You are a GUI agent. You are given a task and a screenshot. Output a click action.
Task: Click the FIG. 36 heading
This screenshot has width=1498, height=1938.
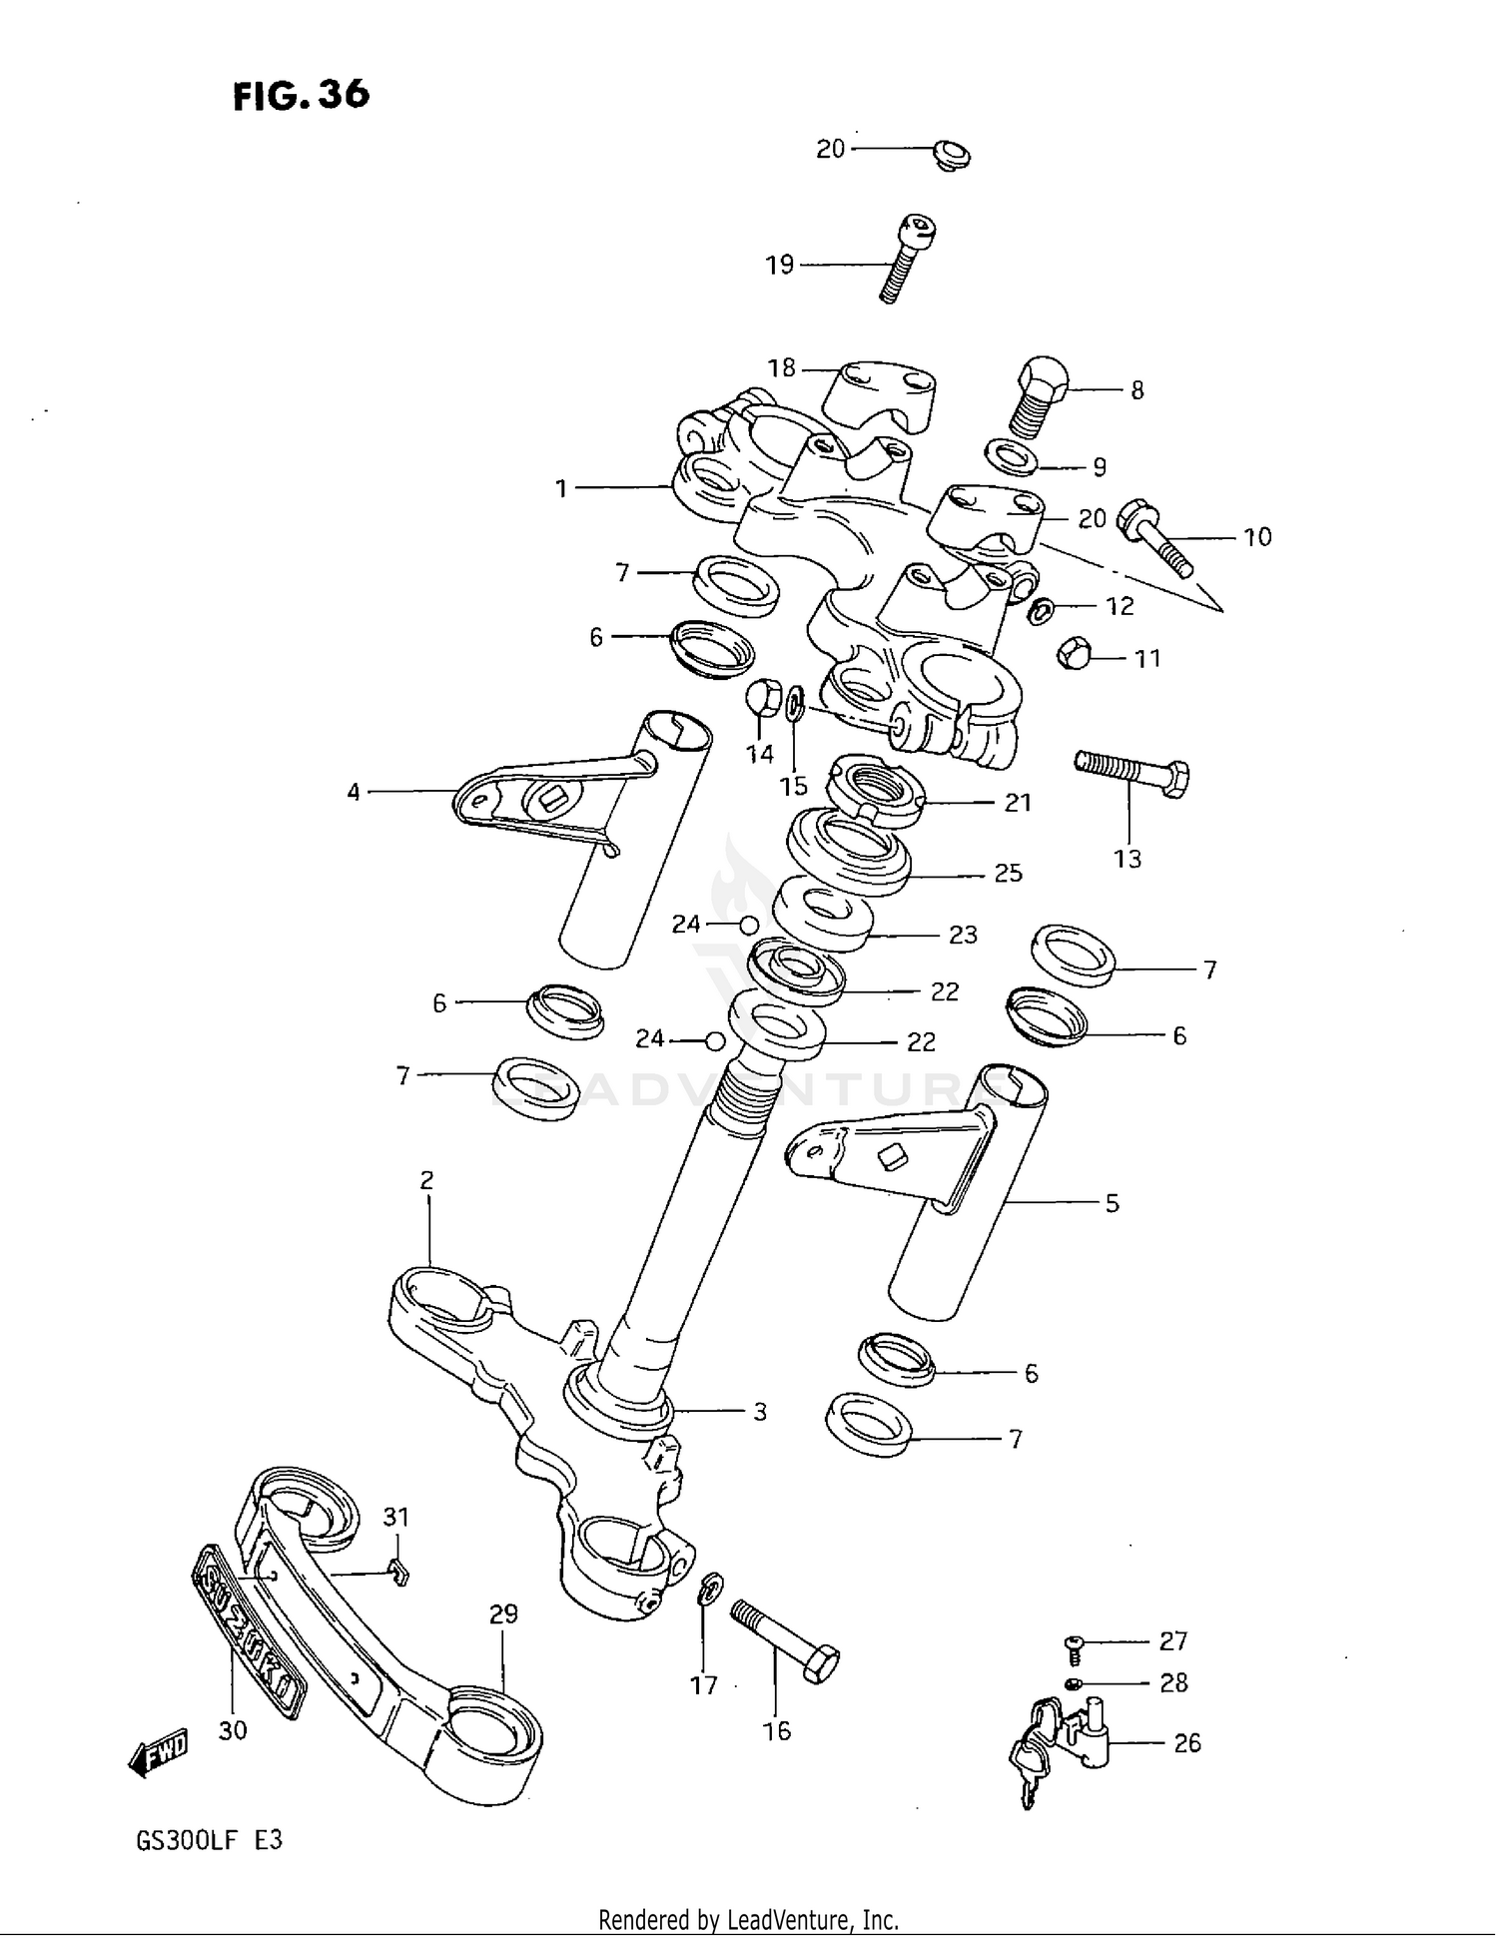coord(301,96)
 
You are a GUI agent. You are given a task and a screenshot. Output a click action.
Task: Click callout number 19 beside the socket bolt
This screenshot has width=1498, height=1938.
coord(779,265)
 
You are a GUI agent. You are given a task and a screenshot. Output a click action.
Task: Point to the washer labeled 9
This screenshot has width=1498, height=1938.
coord(1011,458)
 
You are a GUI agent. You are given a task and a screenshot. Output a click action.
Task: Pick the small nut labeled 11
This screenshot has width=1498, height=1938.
coord(1074,653)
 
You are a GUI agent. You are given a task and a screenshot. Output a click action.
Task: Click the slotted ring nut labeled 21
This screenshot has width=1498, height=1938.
coord(876,792)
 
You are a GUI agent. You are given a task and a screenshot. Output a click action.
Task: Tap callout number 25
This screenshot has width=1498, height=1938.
coord(1008,874)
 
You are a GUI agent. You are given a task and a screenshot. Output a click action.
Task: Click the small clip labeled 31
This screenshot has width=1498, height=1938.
coord(399,1575)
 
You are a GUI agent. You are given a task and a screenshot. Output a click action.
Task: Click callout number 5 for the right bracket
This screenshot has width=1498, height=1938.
coord(1112,1204)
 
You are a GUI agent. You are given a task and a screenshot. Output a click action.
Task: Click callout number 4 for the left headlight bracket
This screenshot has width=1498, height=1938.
coord(354,793)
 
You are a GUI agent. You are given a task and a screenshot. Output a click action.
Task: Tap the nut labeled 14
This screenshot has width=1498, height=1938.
coord(763,697)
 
